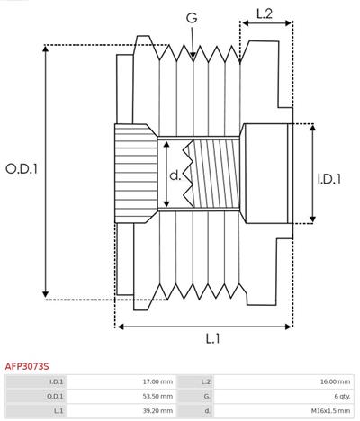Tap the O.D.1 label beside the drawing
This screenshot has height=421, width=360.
(22, 168)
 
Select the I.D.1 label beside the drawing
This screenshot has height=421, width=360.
(330, 178)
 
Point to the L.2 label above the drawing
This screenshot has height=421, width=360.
(265, 13)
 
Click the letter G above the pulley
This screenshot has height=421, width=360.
(192, 16)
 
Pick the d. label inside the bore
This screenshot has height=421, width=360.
(175, 176)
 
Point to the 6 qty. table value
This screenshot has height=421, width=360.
(341, 396)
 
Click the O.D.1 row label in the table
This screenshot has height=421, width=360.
(55, 396)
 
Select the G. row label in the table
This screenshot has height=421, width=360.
(206, 396)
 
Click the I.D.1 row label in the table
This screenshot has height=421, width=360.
(56, 381)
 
